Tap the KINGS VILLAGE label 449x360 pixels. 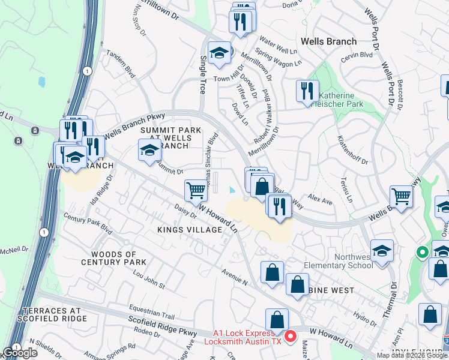190,230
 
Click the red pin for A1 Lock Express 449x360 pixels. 291,336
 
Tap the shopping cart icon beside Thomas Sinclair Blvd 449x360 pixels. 196,191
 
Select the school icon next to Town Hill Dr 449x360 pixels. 220,53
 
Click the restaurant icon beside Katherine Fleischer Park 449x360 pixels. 307,91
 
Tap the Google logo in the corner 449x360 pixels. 20,353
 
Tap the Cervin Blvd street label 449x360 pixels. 358,55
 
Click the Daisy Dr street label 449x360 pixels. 184,211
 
